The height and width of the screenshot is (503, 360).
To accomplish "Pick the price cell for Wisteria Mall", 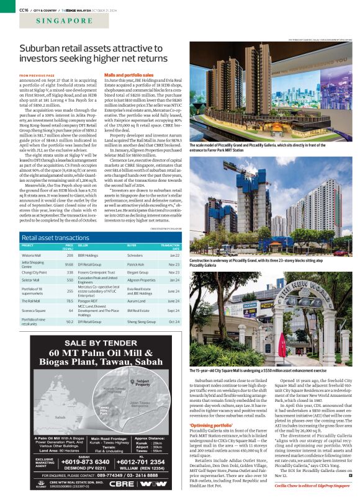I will (70, 254).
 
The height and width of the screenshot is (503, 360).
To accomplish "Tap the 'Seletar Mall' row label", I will (32, 280).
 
